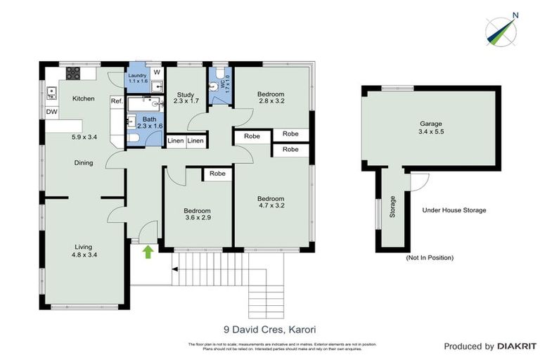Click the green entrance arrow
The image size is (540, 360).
point(148,251)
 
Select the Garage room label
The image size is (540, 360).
point(432,127)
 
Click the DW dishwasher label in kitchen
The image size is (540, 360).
point(52,112)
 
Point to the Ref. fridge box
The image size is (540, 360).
point(116,102)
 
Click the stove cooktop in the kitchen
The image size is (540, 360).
point(74,72)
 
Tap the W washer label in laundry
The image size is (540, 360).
point(156,72)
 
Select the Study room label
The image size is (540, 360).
point(185,98)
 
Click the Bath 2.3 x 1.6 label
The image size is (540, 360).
point(148,122)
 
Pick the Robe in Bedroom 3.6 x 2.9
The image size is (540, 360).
point(217,174)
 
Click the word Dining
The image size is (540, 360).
point(84,163)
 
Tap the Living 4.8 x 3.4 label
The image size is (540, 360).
point(84,250)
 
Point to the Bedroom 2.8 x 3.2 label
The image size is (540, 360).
point(270,98)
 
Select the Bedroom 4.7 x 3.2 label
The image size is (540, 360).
point(270,202)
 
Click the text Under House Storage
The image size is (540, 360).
point(454,210)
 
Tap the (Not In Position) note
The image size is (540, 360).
point(430,258)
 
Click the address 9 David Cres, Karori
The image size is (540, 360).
point(269,328)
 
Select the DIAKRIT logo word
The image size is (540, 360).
point(517,346)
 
